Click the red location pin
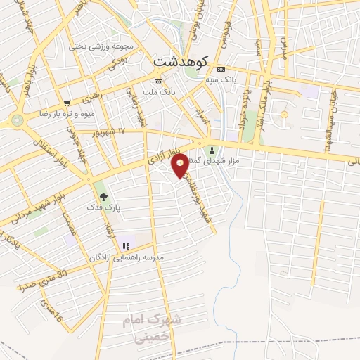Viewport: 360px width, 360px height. (181, 166)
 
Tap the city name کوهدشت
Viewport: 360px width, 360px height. (180, 62)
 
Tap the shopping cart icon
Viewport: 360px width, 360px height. (67, 103)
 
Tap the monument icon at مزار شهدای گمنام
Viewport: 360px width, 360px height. (212, 149)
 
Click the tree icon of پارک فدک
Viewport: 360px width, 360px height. (104, 198)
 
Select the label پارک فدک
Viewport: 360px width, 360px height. (104, 209)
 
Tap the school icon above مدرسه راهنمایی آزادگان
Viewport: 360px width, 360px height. (127, 246)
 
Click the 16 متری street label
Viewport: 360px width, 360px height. (51, 314)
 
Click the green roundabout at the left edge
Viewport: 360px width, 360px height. (17, 120)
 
